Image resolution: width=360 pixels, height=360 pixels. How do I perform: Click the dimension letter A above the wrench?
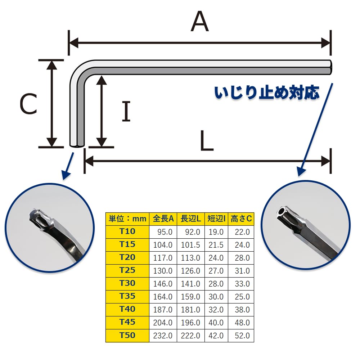200,21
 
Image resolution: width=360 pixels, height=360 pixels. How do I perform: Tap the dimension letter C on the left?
28,104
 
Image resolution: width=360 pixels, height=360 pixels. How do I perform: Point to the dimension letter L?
207,140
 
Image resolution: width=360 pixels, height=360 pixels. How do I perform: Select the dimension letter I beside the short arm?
126,111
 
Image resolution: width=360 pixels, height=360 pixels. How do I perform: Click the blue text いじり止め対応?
267,93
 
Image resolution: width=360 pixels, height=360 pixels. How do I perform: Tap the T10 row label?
127,231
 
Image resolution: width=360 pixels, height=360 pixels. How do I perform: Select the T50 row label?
127,336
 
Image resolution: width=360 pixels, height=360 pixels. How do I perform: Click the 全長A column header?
163,219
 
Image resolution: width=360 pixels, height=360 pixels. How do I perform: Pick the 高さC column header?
241,219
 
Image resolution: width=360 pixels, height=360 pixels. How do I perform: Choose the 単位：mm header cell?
127,219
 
